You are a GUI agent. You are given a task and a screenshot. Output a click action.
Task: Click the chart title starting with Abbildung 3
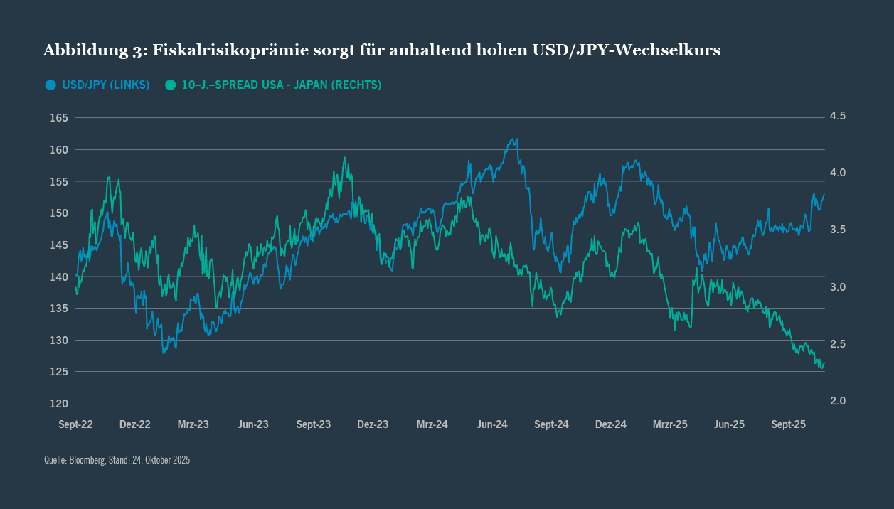[382, 50]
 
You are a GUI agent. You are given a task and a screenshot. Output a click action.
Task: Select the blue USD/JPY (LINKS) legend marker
[50, 85]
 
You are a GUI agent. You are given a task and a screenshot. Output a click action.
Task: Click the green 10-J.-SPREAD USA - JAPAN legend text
[281, 85]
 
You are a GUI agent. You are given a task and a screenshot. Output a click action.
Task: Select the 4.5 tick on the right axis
[837, 116]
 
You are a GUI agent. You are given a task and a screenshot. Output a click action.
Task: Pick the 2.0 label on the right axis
[837, 401]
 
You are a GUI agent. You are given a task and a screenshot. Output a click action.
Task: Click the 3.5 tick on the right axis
[837, 230]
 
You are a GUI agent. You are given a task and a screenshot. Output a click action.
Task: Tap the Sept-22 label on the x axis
[75, 424]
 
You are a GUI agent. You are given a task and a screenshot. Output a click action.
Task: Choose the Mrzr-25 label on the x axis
[670, 424]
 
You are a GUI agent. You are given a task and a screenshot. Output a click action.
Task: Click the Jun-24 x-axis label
[491, 424]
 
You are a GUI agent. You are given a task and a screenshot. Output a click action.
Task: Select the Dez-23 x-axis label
[373, 424]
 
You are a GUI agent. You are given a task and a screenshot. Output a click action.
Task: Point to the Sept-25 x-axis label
[788, 424]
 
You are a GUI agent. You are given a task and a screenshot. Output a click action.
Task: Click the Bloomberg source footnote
[117, 460]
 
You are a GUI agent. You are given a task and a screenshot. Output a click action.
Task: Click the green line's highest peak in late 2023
[344, 158]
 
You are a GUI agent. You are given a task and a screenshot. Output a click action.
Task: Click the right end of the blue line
[824, 194]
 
